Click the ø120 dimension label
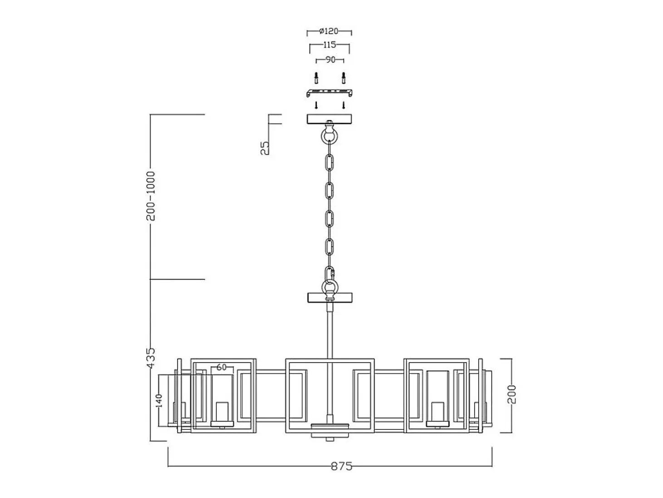329,31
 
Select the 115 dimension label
329,45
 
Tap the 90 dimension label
330,60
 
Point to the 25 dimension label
265,148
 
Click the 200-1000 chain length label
150,196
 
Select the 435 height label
151,358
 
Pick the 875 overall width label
341,466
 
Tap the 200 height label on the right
512,394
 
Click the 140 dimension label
158,401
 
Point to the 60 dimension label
222,367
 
